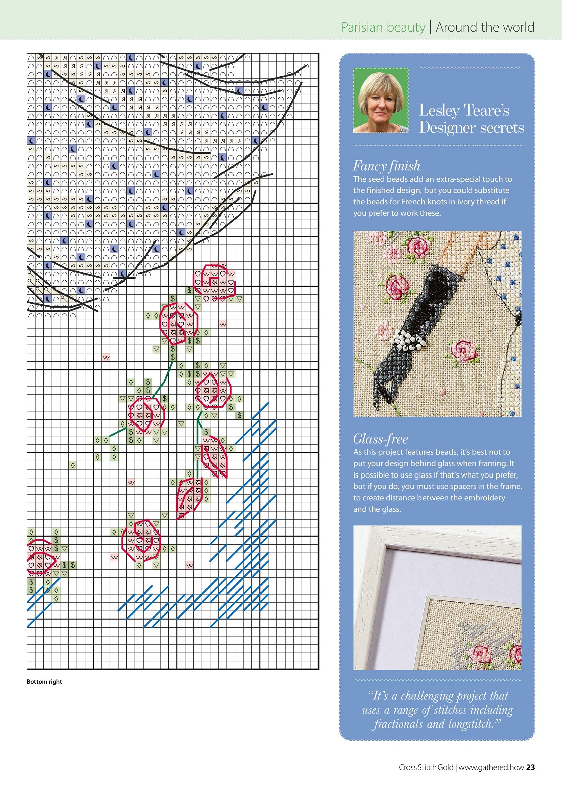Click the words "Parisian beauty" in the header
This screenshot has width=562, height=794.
click(x=383, y=27)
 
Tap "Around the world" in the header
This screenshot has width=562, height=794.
click(x=485, y=27)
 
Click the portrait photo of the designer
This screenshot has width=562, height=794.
click(x=381, y=101)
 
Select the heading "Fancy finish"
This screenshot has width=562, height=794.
click(x=386, y=166)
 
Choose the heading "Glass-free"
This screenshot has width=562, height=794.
click(x=380, y=439)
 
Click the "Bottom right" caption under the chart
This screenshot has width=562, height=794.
click(x=44, y=681)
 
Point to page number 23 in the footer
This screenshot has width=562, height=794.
click(x=530, y=767)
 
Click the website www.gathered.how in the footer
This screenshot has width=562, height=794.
click(x=491, y=767)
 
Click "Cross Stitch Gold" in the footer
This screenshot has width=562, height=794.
click(x=426, y=767)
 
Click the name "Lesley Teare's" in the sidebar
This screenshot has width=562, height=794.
click(x=464, y=110)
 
